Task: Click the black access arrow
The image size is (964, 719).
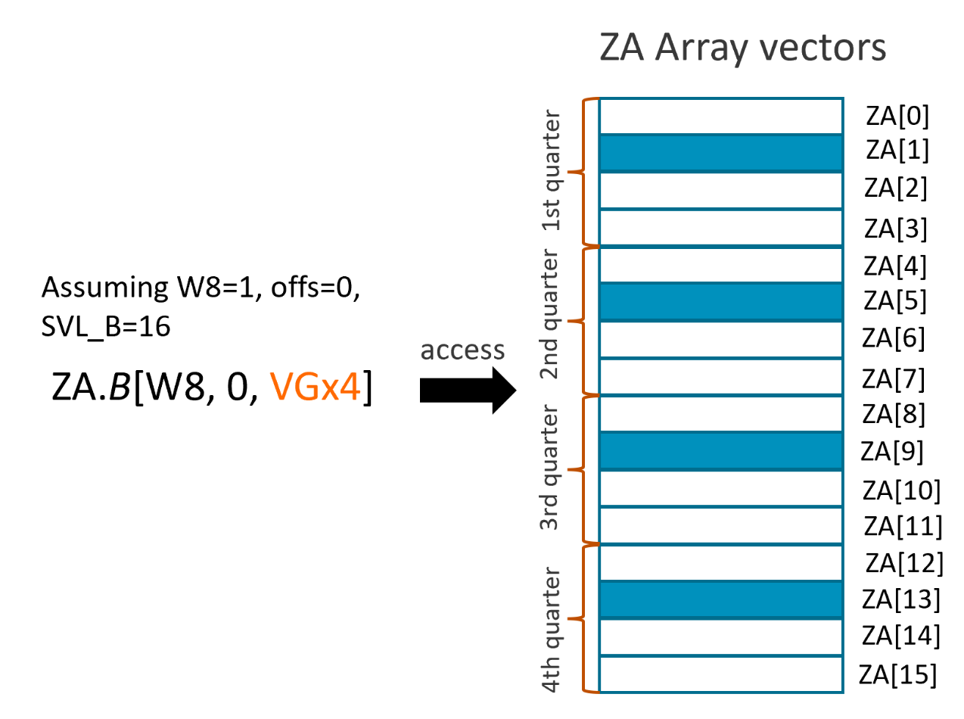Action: [465, 391]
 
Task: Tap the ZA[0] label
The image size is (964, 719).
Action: [896, 116]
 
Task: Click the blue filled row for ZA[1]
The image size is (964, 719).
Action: [720, 153]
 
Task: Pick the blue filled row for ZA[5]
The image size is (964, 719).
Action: [720, 301]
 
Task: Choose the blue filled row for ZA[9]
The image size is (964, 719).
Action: [720, 450]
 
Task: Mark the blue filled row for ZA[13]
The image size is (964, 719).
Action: [720, 599]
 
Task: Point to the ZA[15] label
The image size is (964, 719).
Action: [899, 673]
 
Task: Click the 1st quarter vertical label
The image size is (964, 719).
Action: [554, 172]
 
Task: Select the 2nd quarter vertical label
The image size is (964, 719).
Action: [554, 321]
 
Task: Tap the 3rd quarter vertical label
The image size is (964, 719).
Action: [554, 469]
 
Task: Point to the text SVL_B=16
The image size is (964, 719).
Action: [106, 326]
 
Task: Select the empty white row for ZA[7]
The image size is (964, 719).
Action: [720, 376]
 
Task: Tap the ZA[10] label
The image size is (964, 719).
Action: [900, 490]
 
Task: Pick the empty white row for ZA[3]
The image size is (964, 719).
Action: [720, 228]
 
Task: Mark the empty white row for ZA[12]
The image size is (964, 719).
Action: [720, 562]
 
